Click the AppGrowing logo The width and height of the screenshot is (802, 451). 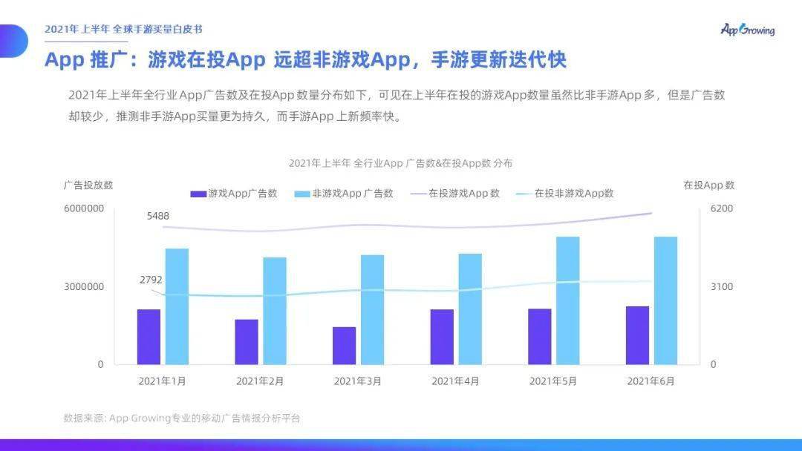(x=747, y=30)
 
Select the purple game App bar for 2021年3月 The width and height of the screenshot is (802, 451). (x=344, y=346)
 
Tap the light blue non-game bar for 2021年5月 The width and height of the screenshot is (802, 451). (x=568, y=300)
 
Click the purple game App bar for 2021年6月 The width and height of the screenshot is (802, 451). (x=637, y=335)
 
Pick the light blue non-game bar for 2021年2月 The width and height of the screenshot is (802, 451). (x=275, y=311)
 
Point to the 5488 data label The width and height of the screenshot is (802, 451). (x=157, y=216)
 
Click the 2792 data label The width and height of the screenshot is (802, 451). (x=151, y=280)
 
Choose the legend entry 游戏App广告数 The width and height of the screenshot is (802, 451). (x=234, y=194)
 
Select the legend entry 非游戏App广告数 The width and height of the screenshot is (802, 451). (x=344, y=194)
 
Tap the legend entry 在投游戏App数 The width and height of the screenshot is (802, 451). (x=454, y=194)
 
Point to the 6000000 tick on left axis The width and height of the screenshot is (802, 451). (x=83, y=208)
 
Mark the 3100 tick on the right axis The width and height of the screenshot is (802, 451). (x=722, y=287)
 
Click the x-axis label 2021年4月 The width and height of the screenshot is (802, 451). (x=455, y=381)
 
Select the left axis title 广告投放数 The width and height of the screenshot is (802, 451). (x=88, y=185)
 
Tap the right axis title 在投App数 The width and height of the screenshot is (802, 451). (x=709, y=185)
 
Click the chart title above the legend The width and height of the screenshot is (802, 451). (x=400, y=163)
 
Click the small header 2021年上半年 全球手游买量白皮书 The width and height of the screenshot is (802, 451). (x=123, y=30)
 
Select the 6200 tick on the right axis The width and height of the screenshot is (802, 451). (x=722, y=208)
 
